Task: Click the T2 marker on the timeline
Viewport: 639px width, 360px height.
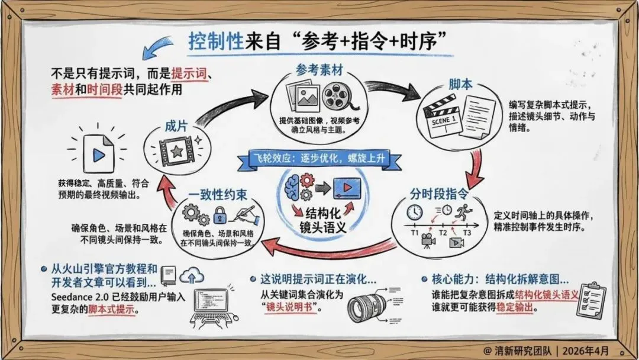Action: pyautogui.click(x=442, y=232)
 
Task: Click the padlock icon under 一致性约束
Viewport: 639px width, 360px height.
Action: pyautogui.click(x=220, y=214)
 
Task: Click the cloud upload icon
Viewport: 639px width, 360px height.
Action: pyautogui.click(x=193, y=275)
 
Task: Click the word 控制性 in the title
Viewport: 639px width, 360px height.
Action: pyautogui.click(x=210, y=41)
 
